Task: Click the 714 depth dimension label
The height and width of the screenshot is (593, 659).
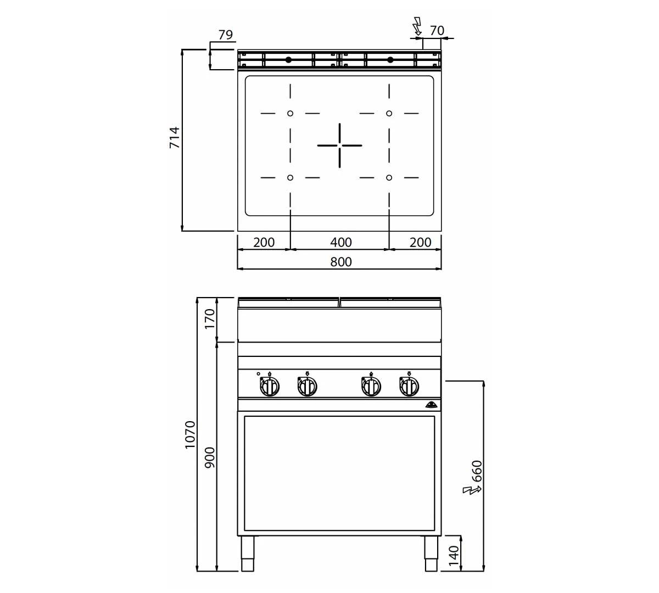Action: (x=175, y=137)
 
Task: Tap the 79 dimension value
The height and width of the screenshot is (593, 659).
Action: (x=226, y=35)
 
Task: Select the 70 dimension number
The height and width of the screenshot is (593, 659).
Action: (x=437, y=31)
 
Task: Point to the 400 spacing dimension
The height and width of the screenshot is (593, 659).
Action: (x=341, y=243)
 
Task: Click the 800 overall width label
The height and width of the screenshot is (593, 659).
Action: (x=341, y=262)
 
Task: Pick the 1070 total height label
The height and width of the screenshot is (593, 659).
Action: (x=190, y=435)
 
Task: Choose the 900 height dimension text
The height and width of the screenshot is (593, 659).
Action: (x=210, y=457)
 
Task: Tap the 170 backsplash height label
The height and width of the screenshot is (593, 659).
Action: (x=210, y=318)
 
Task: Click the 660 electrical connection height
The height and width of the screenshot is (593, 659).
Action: (x=477, y=471)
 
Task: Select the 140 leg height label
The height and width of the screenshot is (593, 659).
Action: (x=454, y=556)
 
